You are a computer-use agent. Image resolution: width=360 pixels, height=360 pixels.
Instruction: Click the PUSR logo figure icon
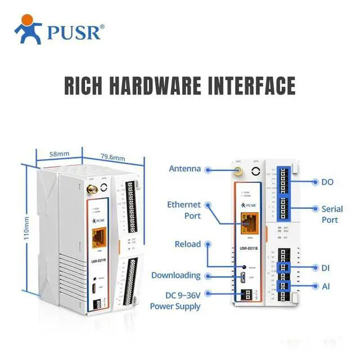(28, 29)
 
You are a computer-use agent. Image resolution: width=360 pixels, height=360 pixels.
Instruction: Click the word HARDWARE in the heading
(160, 85)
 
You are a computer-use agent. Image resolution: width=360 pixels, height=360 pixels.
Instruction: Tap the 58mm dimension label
(58, 153)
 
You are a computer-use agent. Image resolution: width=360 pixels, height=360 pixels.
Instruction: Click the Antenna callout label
(185, 168)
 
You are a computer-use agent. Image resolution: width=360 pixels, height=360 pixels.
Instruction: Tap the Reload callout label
(187, 245)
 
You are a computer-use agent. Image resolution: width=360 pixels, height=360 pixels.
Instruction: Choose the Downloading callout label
(176, 275)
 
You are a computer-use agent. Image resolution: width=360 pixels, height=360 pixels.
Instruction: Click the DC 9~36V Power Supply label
(175, 300)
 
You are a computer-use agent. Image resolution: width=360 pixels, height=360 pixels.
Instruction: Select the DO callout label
(328, 182)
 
